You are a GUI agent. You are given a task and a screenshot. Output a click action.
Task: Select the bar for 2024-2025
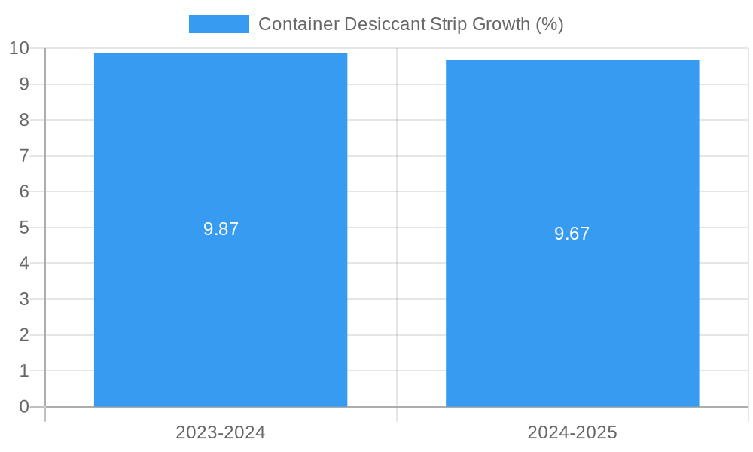pos(572,316)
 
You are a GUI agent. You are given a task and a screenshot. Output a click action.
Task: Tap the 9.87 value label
pos(221,229)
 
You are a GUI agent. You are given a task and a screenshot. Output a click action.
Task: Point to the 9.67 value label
pos(572,234)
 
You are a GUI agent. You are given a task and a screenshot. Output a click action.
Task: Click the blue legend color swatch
pos(218,24)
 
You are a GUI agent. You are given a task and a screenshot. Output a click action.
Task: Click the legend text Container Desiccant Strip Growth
pos(410,24)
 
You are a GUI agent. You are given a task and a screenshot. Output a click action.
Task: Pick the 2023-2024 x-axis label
pos(221,432)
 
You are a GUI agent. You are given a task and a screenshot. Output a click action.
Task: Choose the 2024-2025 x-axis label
pos(572,432)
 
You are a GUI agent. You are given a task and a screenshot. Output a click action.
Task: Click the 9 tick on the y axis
pos(24,84)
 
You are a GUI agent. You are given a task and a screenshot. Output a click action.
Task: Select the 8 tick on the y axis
pos(24,120)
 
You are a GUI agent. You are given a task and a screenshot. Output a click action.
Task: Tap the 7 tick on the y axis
pos(24,156)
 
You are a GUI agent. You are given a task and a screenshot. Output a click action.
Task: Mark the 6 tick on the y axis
pos(24,191)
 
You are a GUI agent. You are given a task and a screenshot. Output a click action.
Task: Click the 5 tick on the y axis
pos(24,228)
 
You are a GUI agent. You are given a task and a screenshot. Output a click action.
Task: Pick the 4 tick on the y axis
pos(24,264)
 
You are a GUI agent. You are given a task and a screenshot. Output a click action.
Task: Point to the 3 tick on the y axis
pos(24,299)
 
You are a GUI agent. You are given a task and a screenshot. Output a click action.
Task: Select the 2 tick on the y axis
pos(24,335)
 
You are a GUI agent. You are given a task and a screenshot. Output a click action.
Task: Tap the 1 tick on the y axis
pos(24,371)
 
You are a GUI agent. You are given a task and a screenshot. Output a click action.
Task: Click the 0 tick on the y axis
pos(24,407)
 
